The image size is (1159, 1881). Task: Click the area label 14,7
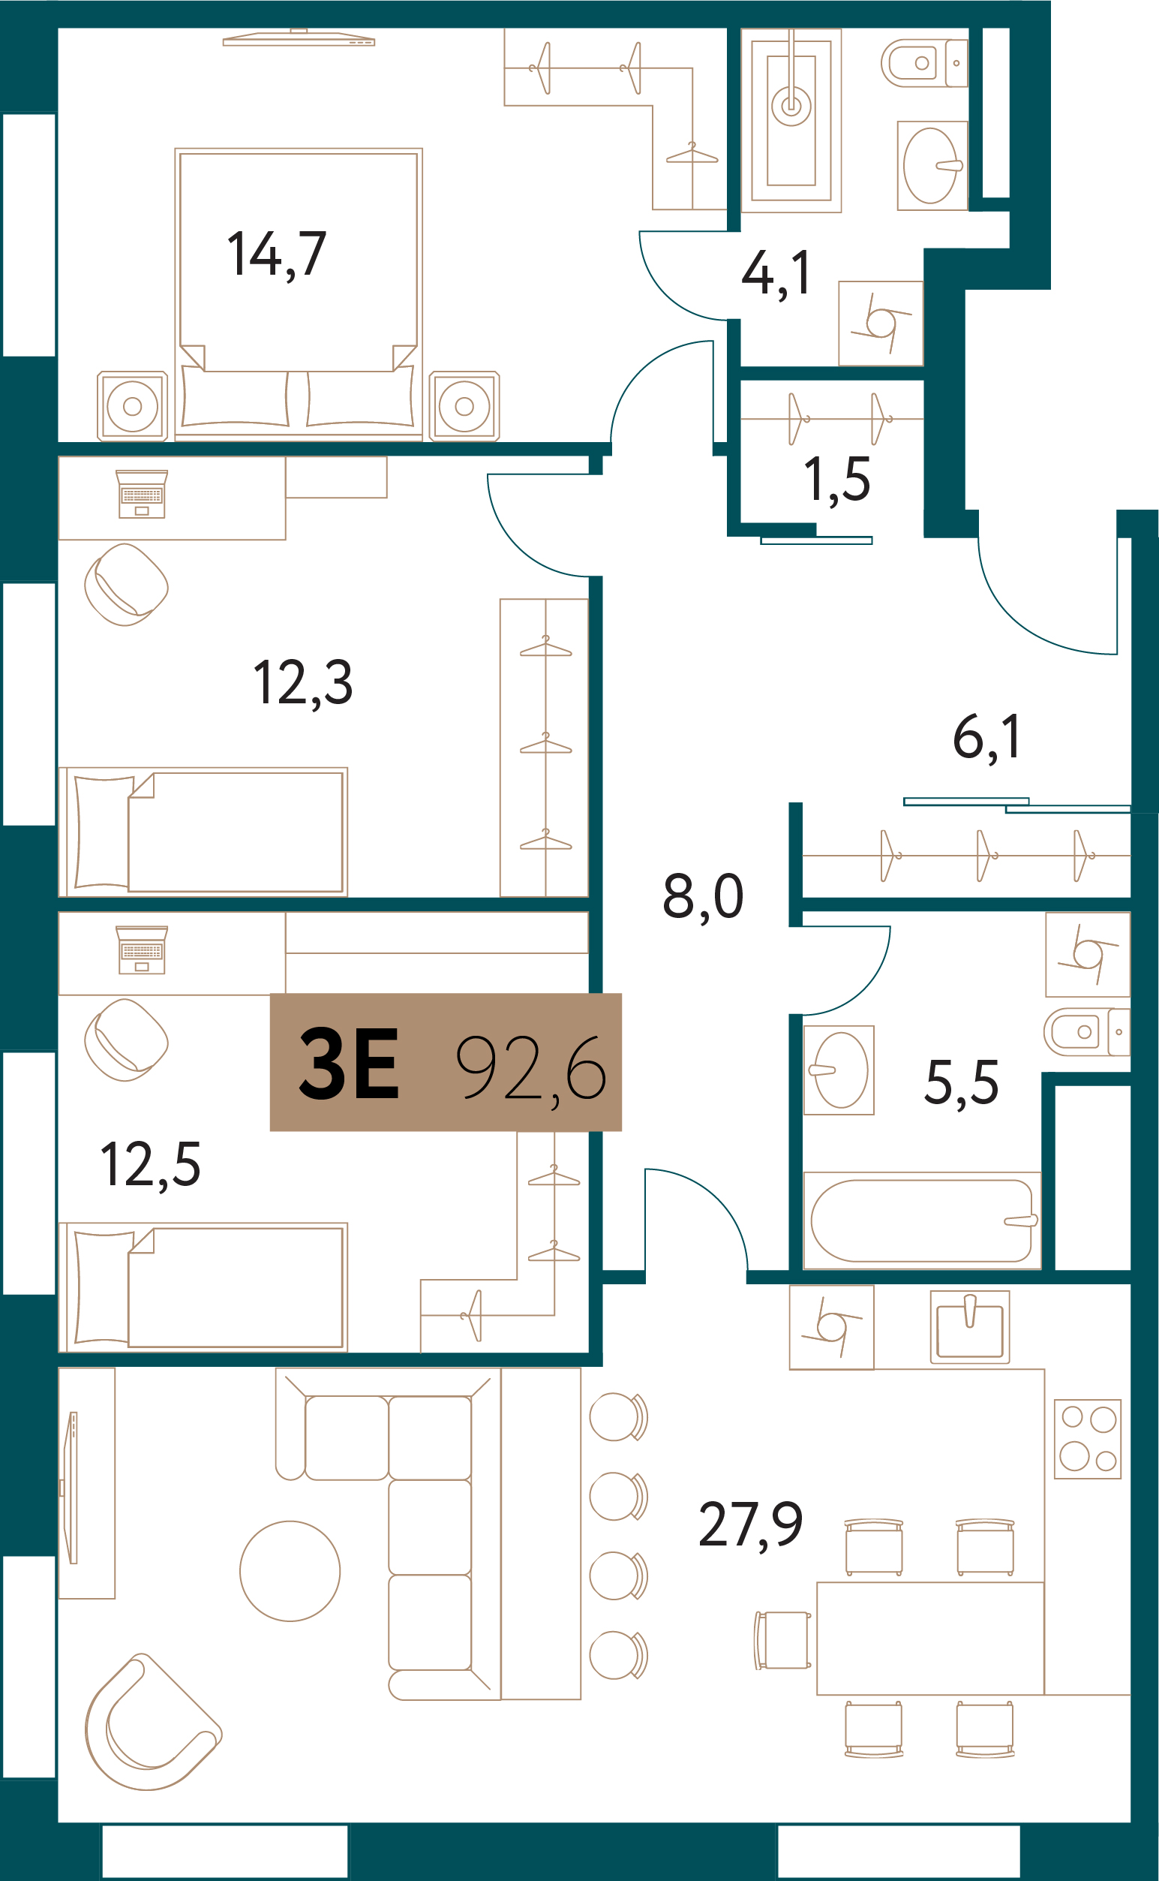coord(277,254)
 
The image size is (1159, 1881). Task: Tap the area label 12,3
coord(303,682)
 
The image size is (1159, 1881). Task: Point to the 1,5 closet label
coord(837,480)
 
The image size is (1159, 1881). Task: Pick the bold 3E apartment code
coord(349,1064)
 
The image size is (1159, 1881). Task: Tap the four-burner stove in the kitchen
coord(1088,1440)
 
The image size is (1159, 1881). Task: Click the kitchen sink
coord(970,1327)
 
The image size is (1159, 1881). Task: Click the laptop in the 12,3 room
coord(142,495)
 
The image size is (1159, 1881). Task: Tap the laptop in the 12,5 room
coord(142,950)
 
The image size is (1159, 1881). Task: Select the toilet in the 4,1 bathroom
coord(924,63)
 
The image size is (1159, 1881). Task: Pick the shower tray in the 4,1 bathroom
coord(791,120)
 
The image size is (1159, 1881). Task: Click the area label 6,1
coord(986,737)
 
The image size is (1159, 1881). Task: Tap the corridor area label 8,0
coord(703,895)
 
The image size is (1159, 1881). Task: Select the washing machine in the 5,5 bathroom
coord(1088,954)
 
